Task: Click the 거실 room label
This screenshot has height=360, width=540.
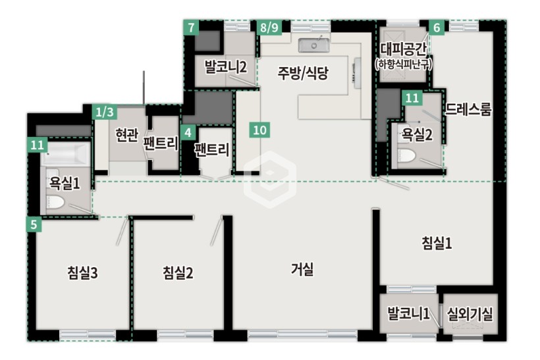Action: (302, 269)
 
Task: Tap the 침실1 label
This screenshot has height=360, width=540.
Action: (437, 243)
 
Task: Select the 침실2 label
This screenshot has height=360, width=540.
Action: (178, 273)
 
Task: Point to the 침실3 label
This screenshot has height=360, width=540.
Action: (83, 273)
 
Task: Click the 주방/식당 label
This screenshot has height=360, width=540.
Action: (303, 72)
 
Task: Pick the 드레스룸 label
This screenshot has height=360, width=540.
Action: (468, 109)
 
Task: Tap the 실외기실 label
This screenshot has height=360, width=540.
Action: (470, 313)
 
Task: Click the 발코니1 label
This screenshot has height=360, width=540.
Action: (408, 313)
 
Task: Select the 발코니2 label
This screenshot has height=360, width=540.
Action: (226, 66)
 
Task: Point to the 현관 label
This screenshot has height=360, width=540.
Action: (126, 135)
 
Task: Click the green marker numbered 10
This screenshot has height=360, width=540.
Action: (259, 130)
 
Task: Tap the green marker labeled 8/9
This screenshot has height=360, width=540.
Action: (269, 27)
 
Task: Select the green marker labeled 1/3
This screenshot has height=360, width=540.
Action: (105, 112)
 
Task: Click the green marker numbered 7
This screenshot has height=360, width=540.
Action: (192, 28)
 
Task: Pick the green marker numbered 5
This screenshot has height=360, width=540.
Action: (34, 224)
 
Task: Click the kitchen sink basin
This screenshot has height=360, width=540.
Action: (313, 45)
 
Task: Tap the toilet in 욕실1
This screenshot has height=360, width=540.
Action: (55, 202)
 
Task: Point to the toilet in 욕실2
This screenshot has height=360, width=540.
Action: (407, 155)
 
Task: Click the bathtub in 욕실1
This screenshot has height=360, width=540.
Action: (65, 153)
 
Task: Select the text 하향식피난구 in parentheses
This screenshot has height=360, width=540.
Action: (404, 64)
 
